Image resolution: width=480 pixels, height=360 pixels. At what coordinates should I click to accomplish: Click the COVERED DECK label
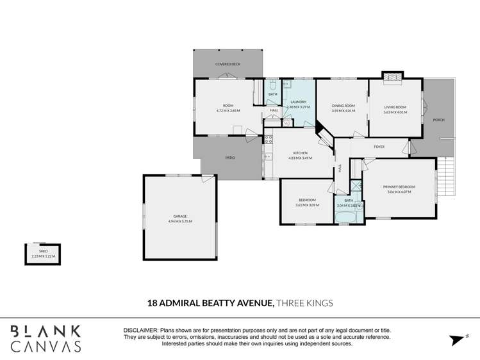(228, 64)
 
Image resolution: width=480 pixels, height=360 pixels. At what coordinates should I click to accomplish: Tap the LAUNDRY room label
(298, 102)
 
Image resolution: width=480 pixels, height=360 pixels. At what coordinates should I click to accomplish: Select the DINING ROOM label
(343, 106)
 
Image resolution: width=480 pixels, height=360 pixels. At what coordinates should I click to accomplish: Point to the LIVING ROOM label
(395, 107)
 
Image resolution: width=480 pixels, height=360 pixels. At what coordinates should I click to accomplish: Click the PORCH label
(438, 120)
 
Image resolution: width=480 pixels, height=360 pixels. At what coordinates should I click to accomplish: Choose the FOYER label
(379, 147)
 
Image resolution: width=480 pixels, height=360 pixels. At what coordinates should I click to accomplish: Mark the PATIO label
(229, 158)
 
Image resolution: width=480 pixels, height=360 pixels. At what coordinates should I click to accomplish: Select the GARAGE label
(180, 216)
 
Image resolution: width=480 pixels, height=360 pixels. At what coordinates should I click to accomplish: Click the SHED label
(44, 251)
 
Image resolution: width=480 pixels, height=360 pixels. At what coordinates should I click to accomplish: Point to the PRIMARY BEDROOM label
(399, 186)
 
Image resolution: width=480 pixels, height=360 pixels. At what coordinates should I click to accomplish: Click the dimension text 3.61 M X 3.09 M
(306, 205)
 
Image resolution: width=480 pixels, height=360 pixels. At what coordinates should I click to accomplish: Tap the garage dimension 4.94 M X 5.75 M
(180, 221)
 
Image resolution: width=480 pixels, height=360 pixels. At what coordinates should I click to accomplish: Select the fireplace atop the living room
(392, 77)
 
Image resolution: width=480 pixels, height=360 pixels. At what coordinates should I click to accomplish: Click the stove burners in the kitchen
(268, 138)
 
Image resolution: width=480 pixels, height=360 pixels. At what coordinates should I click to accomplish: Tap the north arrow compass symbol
(456, 340)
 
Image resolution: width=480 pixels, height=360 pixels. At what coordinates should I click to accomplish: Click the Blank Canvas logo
(45, 339)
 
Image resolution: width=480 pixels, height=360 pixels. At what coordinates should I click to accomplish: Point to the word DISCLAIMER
(140, 330)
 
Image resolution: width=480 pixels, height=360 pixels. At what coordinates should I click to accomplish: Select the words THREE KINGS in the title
(304, 303)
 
